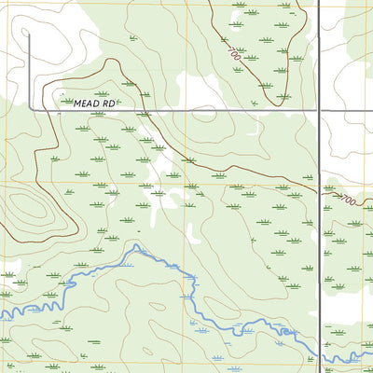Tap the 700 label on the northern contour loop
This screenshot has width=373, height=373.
232,55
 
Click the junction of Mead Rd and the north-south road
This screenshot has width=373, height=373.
319,110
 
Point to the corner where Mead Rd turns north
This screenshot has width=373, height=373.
29,109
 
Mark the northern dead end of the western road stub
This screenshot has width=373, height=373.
29,35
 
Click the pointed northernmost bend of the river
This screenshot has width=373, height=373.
137,246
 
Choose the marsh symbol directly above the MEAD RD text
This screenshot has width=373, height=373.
102,94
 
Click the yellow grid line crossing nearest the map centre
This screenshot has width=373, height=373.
186,182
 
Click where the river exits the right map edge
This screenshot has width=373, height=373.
370,354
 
